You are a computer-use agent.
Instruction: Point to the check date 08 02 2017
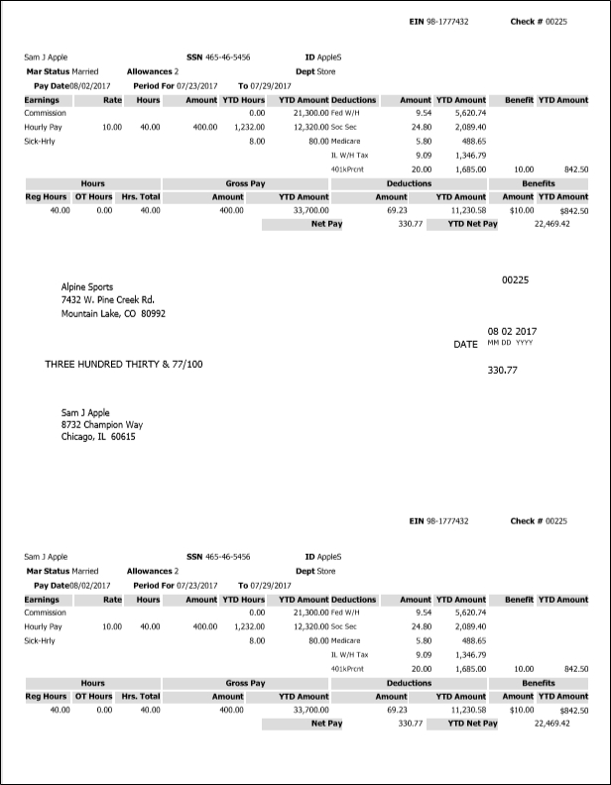click(511, 331)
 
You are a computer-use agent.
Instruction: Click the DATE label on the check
click(465, 344)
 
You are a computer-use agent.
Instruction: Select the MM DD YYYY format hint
click(510, 343)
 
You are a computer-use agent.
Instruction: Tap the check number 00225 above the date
click(516, 280)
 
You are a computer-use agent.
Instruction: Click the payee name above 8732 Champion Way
click(85, 412)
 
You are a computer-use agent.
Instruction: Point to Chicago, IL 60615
click(98, 436)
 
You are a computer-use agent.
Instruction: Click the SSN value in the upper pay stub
click(227, 57)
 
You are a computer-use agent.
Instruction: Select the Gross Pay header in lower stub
click(245, 683)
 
